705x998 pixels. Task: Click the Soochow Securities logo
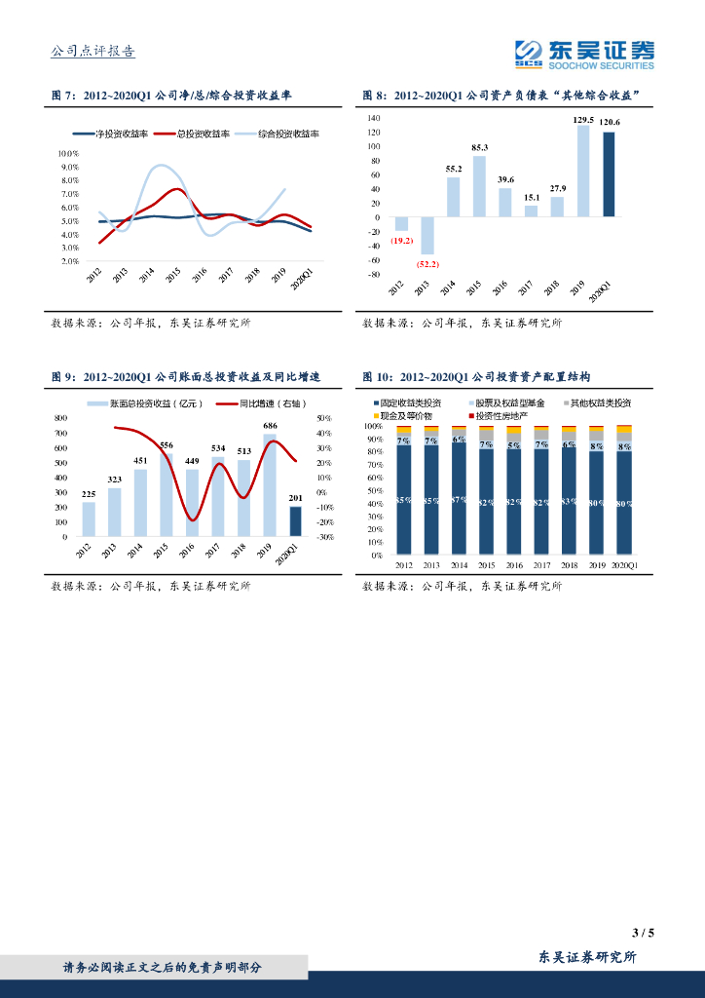(x=584, y=54)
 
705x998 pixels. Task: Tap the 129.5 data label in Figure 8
(x=583, y=119)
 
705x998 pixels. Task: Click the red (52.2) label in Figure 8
(x=427, y=264)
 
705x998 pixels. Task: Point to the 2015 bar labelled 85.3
(x=479, y=185)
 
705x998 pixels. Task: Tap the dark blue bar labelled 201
(x=296, y=521)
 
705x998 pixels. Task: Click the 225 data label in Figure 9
(x=89, y=493)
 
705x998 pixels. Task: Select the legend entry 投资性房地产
(x=501, y=416)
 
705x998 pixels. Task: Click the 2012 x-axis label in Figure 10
(x=404, y=564)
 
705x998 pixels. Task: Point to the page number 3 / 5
(x=644, y=933)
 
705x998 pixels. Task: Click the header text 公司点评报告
(x=93, y=53)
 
